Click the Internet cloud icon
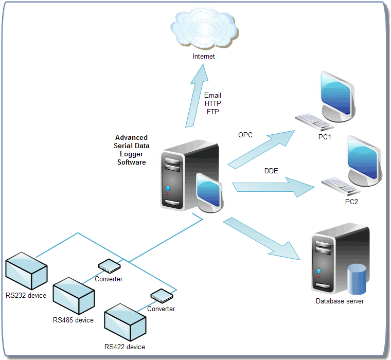tap(204, 29)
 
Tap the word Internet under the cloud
tap(204, 57)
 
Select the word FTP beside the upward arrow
tap(212, 111)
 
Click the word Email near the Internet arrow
tap(212, 96)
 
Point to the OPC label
tap(245, 135)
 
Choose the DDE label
tap(271, 171)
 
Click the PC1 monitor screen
tap(335, 92)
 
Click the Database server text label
tap(340, 301)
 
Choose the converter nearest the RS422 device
tap(161, 296)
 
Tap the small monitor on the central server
tap(210, 191)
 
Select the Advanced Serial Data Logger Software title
tap(132, 150)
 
